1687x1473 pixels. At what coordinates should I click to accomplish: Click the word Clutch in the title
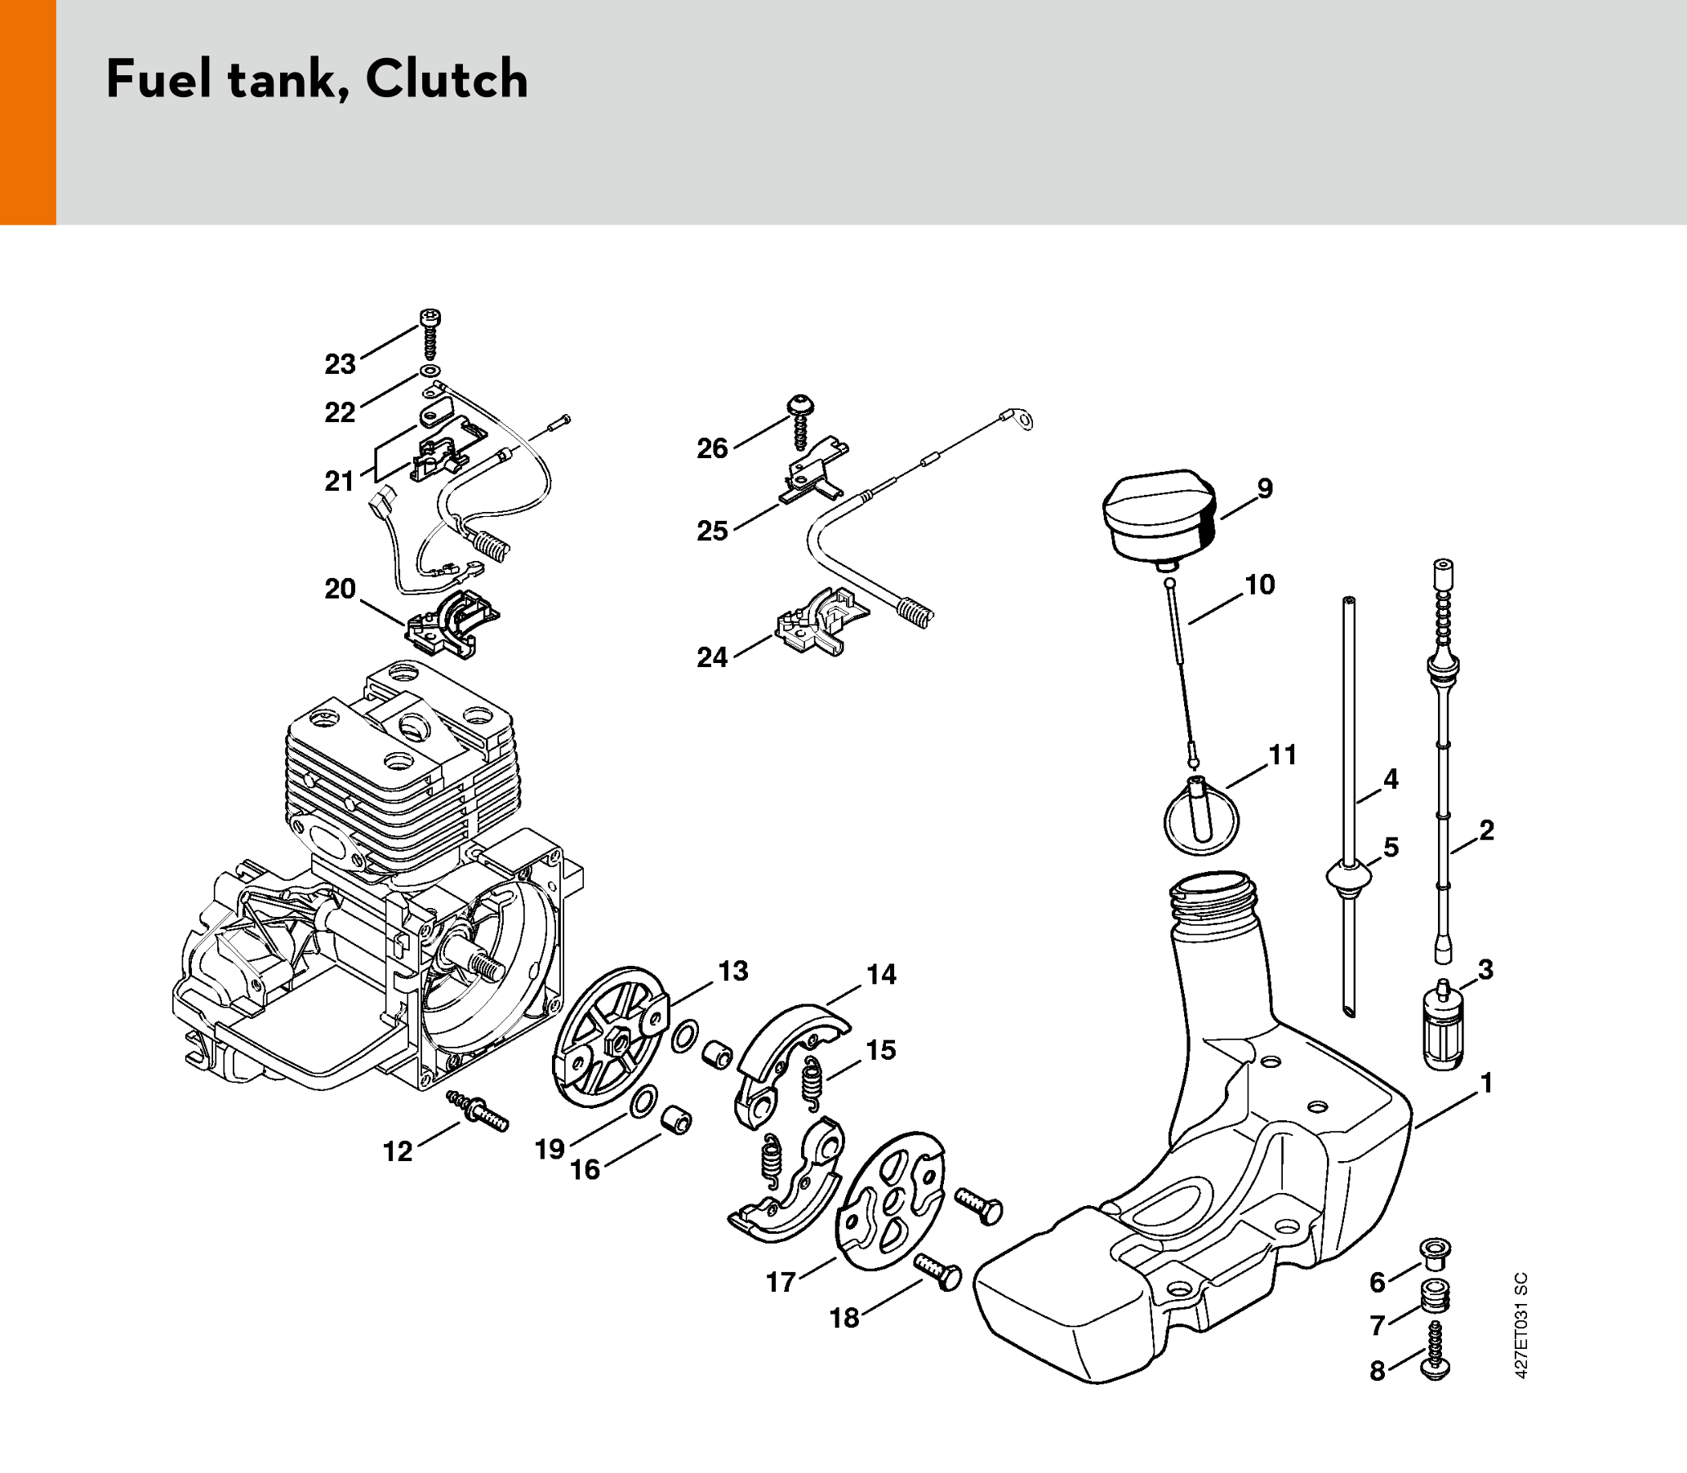tap(447, 80)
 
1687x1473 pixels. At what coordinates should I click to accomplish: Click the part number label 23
tap(341, 364)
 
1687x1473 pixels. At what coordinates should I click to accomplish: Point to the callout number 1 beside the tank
tap(1485, 1084)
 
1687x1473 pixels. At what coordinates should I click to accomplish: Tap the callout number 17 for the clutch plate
tap(781, 1281)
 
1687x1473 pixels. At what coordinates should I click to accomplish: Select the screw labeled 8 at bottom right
tap(1435, 1351)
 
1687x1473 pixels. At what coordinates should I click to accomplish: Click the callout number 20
tap(341, 589)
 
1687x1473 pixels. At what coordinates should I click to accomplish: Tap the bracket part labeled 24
tap(821, 622)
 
